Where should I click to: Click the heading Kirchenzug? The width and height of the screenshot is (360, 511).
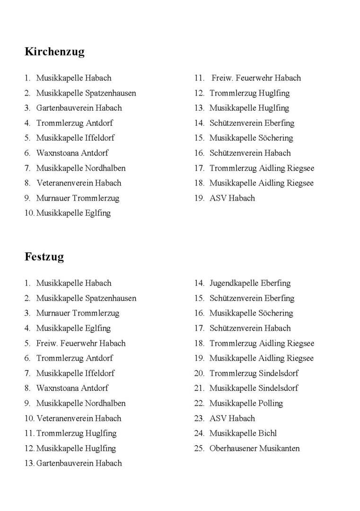54,52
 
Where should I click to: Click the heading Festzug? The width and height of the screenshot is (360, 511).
44,257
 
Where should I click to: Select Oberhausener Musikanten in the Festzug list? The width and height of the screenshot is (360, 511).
255,448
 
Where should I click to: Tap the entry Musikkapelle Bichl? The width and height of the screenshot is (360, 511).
243,433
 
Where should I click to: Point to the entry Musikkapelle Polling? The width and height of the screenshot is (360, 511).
246,403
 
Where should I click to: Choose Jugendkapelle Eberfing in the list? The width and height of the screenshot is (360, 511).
250,283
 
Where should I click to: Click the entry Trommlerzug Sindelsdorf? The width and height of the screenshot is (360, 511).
254,373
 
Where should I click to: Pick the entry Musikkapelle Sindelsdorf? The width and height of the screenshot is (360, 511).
254,388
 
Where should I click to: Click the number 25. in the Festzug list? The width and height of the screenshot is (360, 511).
199,448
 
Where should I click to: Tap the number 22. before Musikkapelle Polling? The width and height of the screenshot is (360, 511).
199,403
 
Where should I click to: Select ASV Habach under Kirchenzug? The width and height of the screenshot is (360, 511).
232,198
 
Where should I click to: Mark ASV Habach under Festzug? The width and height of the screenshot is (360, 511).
232,418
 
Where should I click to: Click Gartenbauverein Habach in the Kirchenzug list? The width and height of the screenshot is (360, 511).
79,107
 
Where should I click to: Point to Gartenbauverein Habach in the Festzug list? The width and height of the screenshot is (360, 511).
79,463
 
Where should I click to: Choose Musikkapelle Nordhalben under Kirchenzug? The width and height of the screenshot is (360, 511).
81,168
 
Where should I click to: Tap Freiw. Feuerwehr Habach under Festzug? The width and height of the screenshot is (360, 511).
81,343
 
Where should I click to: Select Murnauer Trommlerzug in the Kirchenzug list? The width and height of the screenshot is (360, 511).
78,198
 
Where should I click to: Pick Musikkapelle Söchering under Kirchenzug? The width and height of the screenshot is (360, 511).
251,138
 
